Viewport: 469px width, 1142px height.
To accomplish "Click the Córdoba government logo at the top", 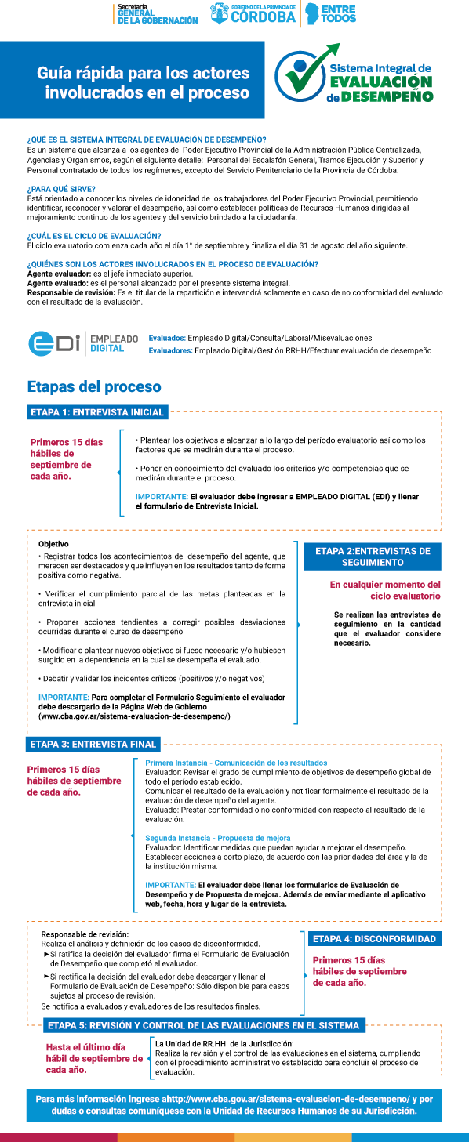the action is pos(253,13).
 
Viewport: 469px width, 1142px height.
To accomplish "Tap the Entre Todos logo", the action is pos(331,14).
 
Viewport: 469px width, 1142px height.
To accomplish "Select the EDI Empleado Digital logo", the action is pos(83,343).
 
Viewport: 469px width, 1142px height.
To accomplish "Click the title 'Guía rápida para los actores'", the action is pos(143,73).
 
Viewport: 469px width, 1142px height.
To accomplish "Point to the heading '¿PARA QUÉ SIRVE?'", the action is pos(61,189).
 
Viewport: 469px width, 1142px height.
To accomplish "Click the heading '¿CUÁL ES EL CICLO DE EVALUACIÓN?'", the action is pos(94,236).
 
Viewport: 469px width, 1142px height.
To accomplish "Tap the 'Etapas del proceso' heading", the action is pos(94,386).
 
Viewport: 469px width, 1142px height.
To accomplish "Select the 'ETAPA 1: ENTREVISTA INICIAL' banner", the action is pos(97,412).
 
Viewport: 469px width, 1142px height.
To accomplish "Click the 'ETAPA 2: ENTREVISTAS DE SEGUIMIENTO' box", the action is pos(373,556).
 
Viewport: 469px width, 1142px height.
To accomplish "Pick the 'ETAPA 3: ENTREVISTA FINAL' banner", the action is pos(93,745).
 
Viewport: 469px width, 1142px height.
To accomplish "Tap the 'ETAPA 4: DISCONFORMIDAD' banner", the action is pos(375,938).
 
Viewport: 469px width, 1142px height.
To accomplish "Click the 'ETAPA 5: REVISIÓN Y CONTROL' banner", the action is pos(204,1025).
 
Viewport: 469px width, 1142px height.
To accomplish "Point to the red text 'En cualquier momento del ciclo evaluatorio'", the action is pos(385,590).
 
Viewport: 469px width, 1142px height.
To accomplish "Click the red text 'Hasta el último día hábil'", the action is pos(94,1053).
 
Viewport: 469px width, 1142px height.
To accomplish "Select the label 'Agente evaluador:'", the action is pos(59,274).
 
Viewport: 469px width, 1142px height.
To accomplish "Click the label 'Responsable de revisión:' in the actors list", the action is pos(71,292).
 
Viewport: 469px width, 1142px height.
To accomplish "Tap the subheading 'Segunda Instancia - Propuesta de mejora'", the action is pos(218,838).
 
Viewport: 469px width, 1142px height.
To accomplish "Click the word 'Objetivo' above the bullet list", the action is pos(53,544).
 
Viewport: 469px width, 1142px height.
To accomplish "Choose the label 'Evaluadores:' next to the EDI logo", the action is pos(170,351).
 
